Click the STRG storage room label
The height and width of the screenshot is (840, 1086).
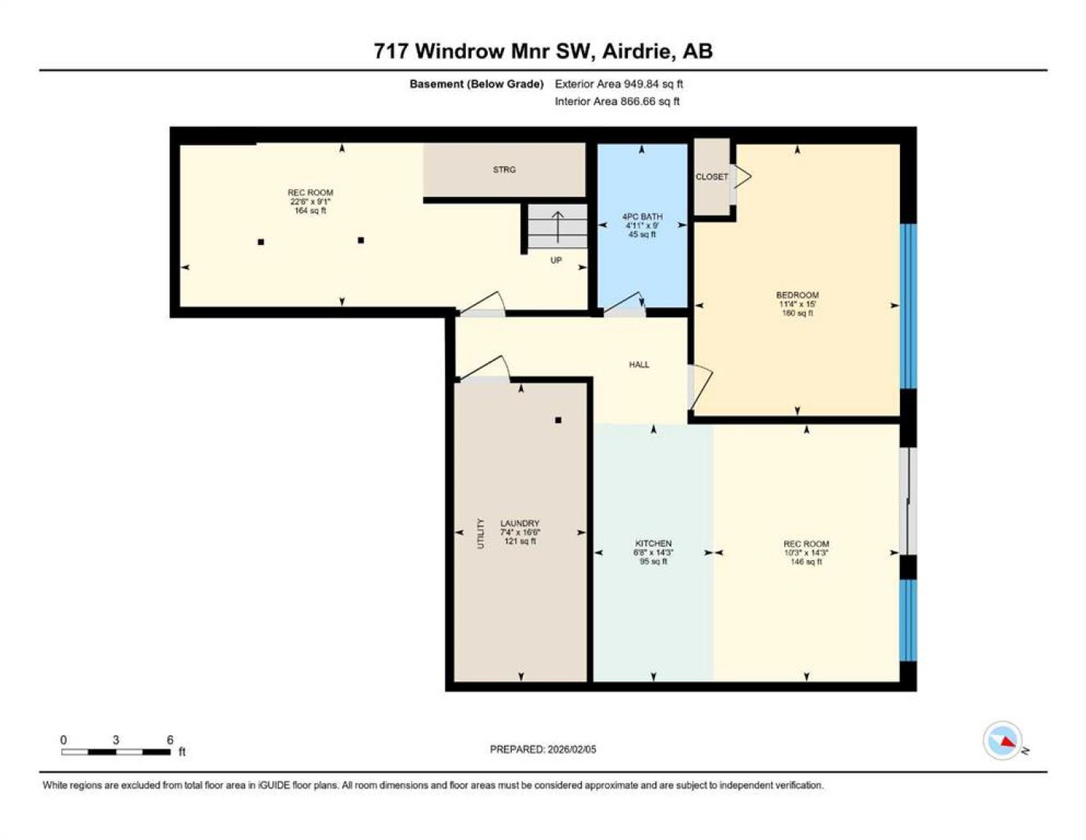click(504, 170)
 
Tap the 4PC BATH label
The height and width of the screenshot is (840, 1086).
click(643, 216)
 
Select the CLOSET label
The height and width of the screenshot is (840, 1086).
click(712, 177)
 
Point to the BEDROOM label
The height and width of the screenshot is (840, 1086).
click(797, 295)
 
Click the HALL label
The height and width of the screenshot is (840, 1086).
click(639, 365)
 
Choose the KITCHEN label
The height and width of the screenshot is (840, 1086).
click(653, 543)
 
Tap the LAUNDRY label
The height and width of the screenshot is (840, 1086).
click(520, 523)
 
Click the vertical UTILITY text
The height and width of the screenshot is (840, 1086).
click(481, 534)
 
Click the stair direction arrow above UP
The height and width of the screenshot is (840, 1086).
click(557, 227)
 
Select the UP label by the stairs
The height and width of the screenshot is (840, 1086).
click(555, 260)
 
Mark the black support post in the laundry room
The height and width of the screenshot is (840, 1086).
click(559, 420)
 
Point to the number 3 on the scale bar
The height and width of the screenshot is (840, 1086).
click(116, 740)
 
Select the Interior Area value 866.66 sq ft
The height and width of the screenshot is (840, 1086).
click(650, 101)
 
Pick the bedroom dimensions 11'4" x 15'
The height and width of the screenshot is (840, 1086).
click(797, 304)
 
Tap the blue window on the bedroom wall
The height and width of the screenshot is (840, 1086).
click(908, 306)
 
